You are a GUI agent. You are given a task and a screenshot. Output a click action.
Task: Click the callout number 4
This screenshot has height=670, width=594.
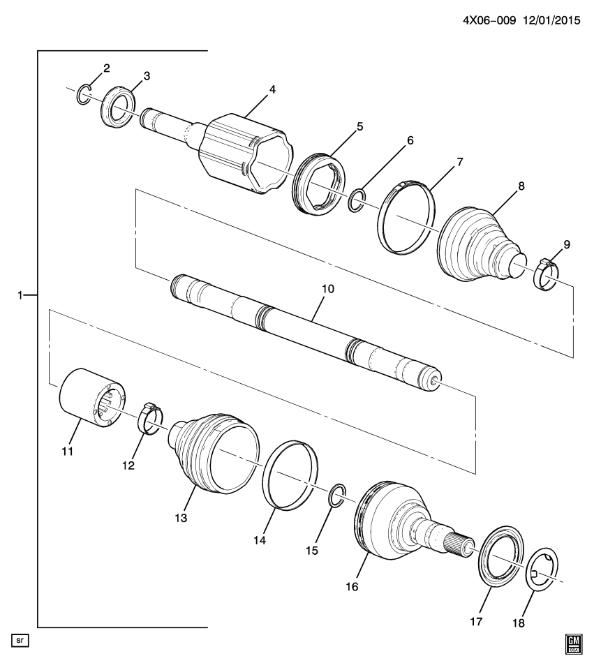tap(272, 89)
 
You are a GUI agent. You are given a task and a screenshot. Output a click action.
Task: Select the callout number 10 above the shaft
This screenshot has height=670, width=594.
tap(328, 288)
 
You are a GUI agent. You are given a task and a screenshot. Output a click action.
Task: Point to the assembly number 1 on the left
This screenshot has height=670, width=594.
tap(21, 295)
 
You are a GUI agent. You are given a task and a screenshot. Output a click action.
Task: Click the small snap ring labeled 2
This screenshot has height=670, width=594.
tap(83, 94)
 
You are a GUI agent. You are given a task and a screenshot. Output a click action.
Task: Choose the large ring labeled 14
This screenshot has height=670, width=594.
tap(291, 477)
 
